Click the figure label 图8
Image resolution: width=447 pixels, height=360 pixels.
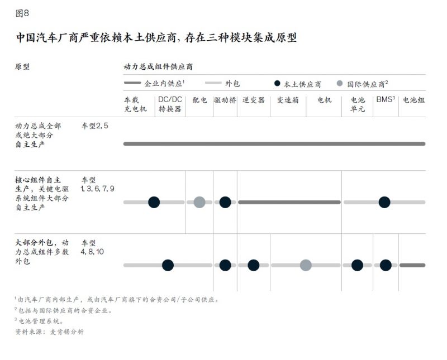point(22,13)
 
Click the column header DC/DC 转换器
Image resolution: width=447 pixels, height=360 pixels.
point(170,104)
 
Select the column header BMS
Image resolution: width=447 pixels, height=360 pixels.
point(386,99)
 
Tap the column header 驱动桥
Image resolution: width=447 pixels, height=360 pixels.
point(225,100)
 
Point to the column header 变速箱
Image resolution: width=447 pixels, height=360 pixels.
point(288,100)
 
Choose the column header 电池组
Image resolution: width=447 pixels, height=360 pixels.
point(413,100)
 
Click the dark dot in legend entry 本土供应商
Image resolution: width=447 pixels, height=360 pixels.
point(277,84)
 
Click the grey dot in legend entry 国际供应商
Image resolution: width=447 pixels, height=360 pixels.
point(340,84)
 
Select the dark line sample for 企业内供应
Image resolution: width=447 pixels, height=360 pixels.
point(132,83)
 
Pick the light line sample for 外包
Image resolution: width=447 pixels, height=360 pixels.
point(213,83)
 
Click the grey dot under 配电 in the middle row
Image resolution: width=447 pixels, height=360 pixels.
point(199,202)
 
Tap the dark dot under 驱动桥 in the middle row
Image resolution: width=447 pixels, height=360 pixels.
point(225,202)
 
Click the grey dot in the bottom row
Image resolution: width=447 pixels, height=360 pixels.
point(306,265)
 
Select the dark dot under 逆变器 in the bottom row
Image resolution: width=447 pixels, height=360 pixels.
point(254,265)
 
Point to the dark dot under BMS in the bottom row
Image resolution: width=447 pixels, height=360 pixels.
point(386,265)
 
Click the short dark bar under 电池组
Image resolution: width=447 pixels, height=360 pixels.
point(412,265)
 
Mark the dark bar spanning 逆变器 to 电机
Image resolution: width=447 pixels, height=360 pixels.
point(289,202)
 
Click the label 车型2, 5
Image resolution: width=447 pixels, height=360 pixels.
point(95,126)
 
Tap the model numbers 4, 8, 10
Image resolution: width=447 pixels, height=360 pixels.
point(92,252)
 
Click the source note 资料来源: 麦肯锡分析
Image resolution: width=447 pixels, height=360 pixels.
point(50,332)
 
